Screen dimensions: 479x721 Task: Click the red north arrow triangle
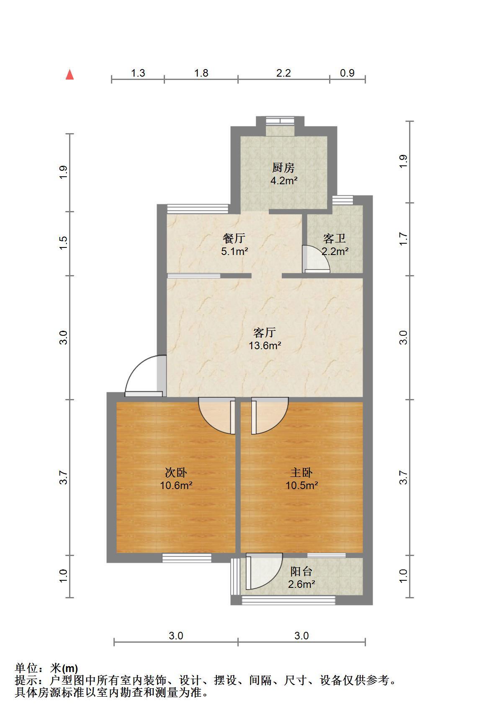coord(70,75)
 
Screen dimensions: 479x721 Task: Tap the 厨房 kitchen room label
coord(283,168)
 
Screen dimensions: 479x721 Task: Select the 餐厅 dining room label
coord(234,238)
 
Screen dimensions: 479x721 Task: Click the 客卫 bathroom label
coord(335,238)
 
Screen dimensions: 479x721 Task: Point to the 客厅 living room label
coord(265,332)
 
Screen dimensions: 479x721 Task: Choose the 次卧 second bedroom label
coord(176,473)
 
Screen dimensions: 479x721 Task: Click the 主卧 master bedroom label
coord(301,473)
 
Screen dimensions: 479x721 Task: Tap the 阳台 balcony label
coord(301,572)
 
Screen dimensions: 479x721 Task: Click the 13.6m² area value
coord(265,346)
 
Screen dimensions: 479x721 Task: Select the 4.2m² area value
coord(283,181)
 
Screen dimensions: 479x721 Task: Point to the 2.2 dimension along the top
coord(283,73)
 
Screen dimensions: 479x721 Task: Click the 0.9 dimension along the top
coord(347,73)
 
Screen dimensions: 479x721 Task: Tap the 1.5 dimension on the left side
coord(63,243)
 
